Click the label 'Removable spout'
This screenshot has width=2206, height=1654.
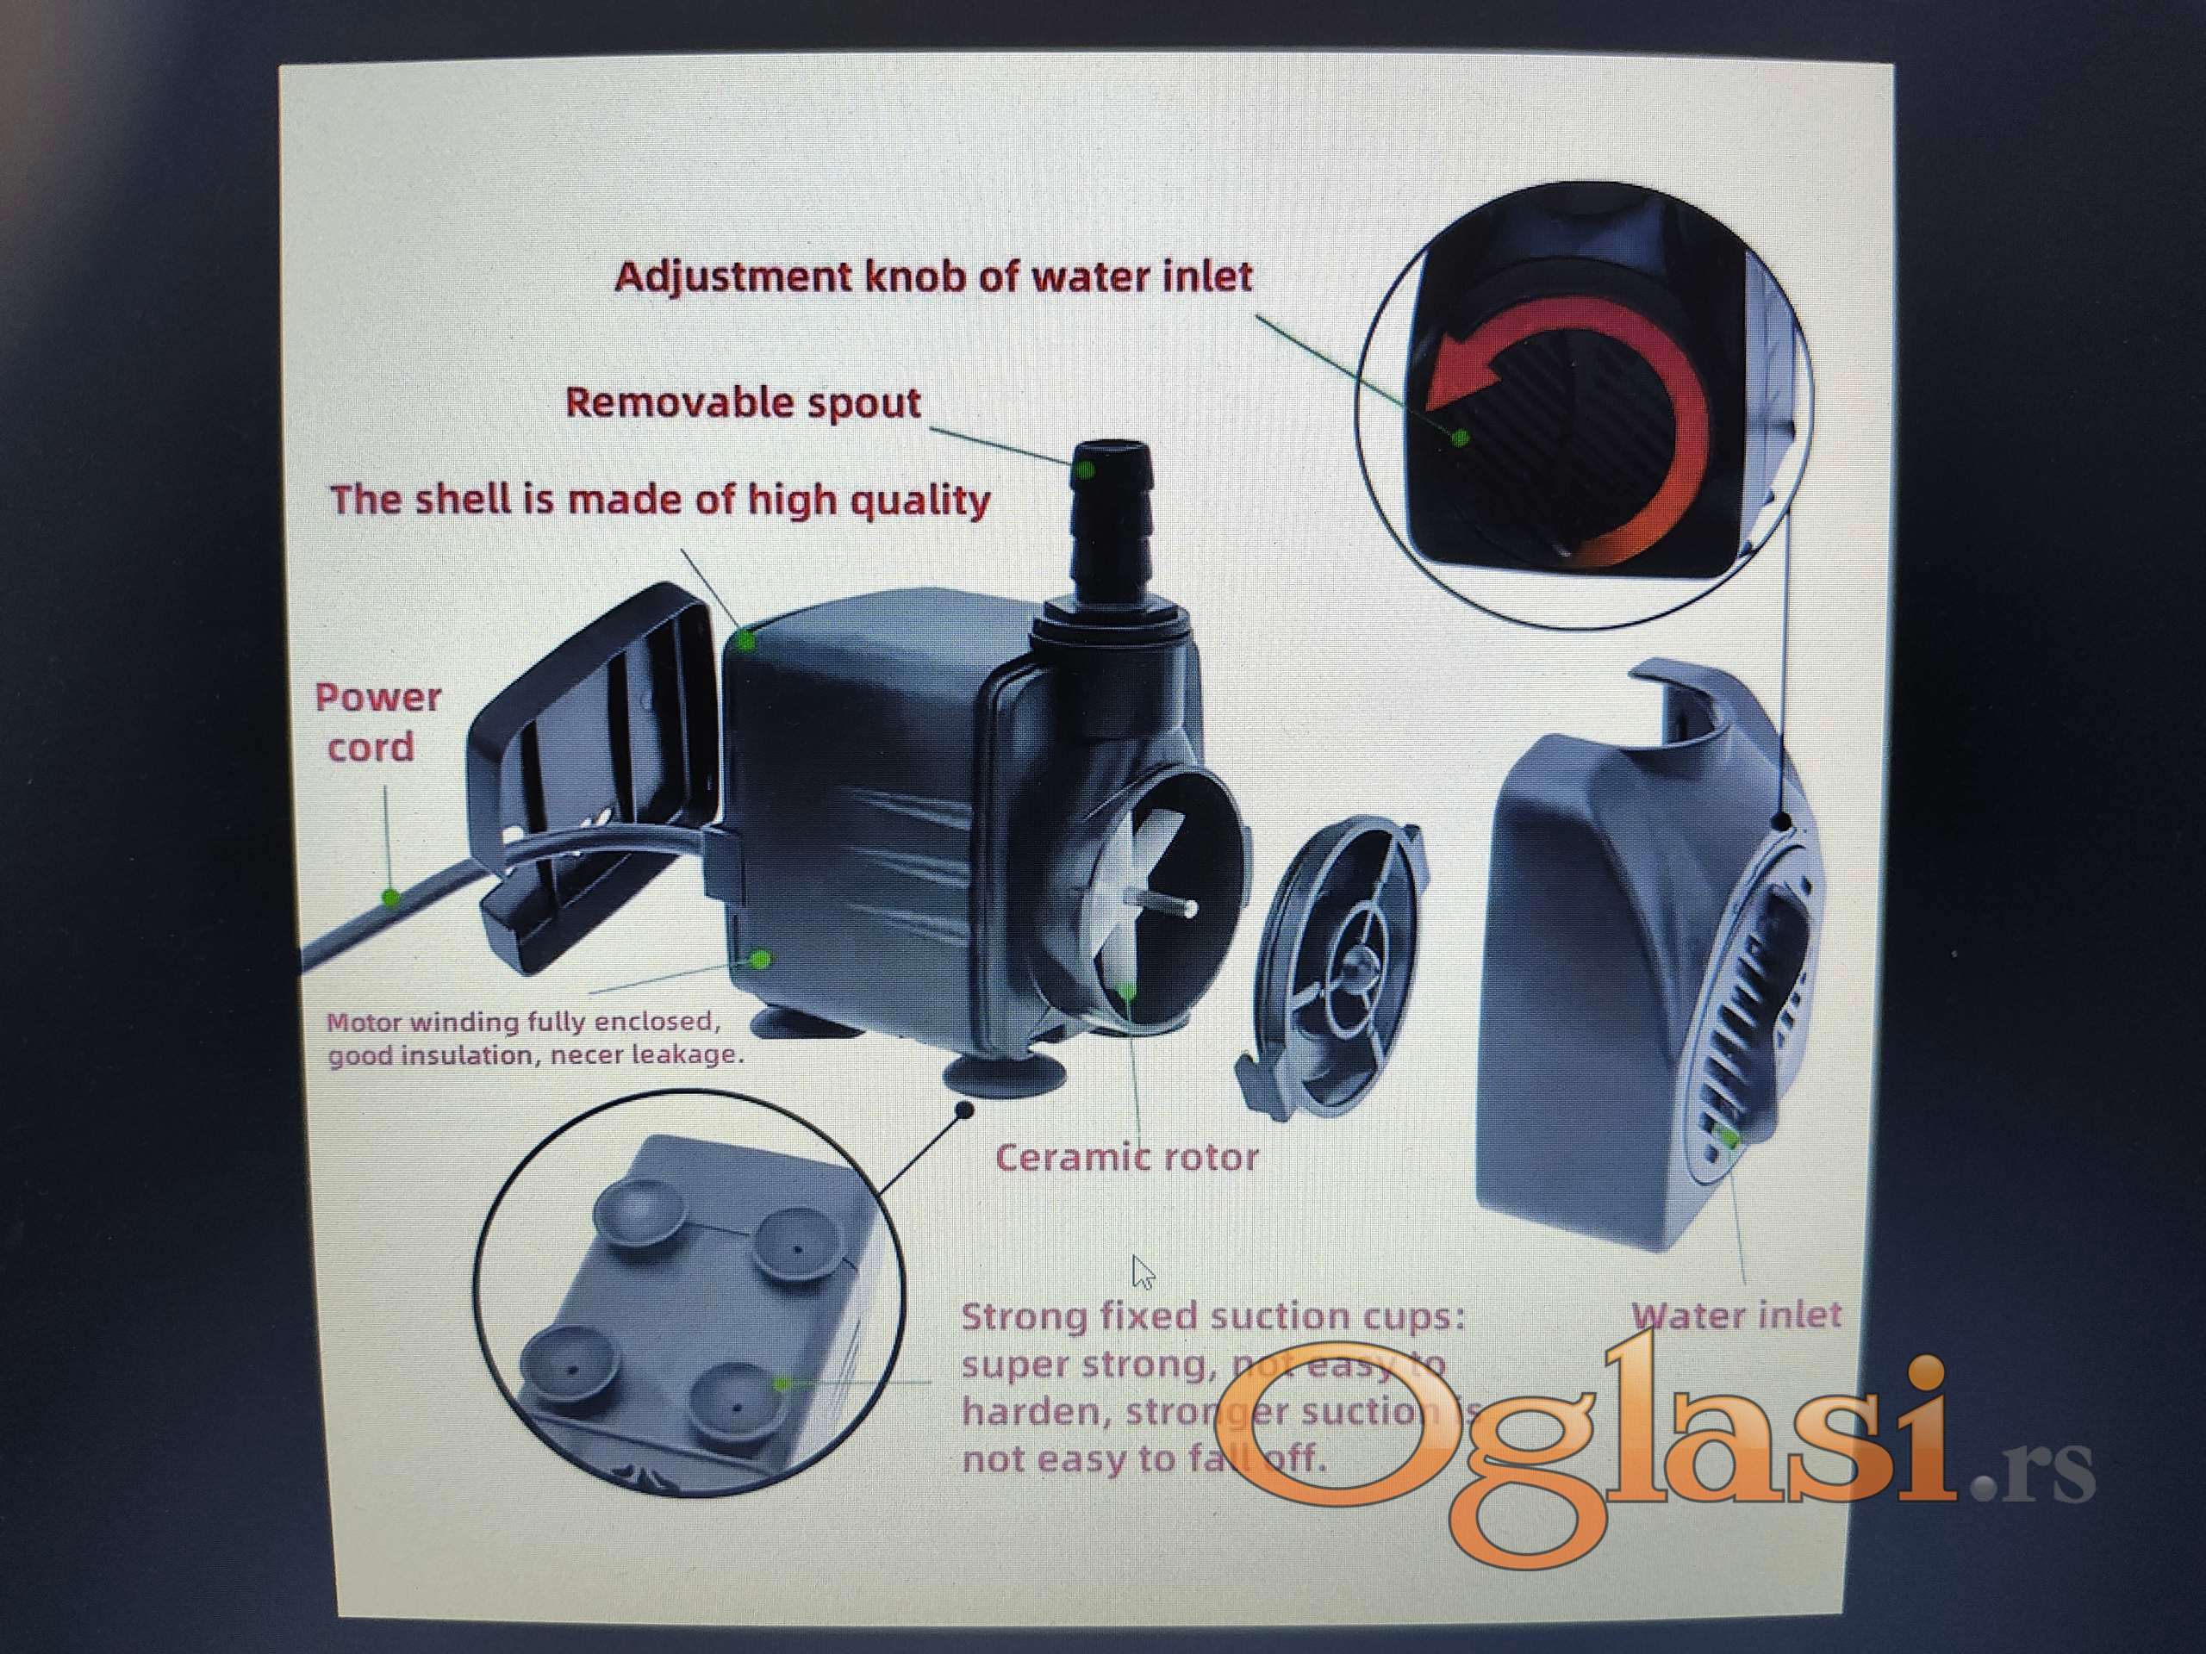pos(743,403)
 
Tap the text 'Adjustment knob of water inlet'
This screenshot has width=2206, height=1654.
pos(933,277)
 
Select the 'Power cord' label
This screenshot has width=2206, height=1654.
pos(377,722)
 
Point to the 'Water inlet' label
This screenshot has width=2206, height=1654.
pos(1736,1314)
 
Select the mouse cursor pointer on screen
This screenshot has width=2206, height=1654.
pos(1143,1273)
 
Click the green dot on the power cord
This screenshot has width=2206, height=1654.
pos(391,899)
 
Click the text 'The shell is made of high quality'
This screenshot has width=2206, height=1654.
pos(659,500)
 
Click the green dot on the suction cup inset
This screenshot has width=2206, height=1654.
pos(782,1383)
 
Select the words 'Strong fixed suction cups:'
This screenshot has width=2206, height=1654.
pos(1212,1316)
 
